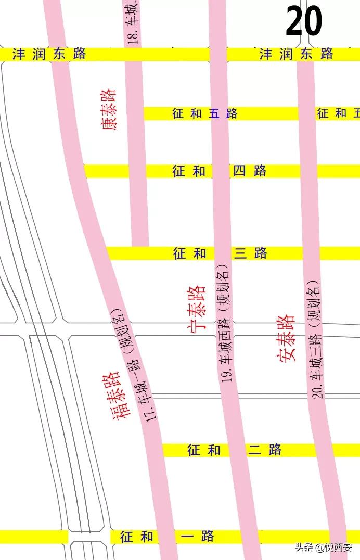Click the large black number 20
click(x=304, y=22)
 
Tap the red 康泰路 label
click(x=109, y=109)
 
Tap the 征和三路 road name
click(x=220, y=253)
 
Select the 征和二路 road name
click(x=234, y=450)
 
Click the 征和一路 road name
click(x=167, y=537)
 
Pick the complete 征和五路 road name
click(x=204, y=113)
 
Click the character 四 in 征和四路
click(x=239, y=171)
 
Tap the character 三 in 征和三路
click(x=240, y=253)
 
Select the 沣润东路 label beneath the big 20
click(x=297, y=54)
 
